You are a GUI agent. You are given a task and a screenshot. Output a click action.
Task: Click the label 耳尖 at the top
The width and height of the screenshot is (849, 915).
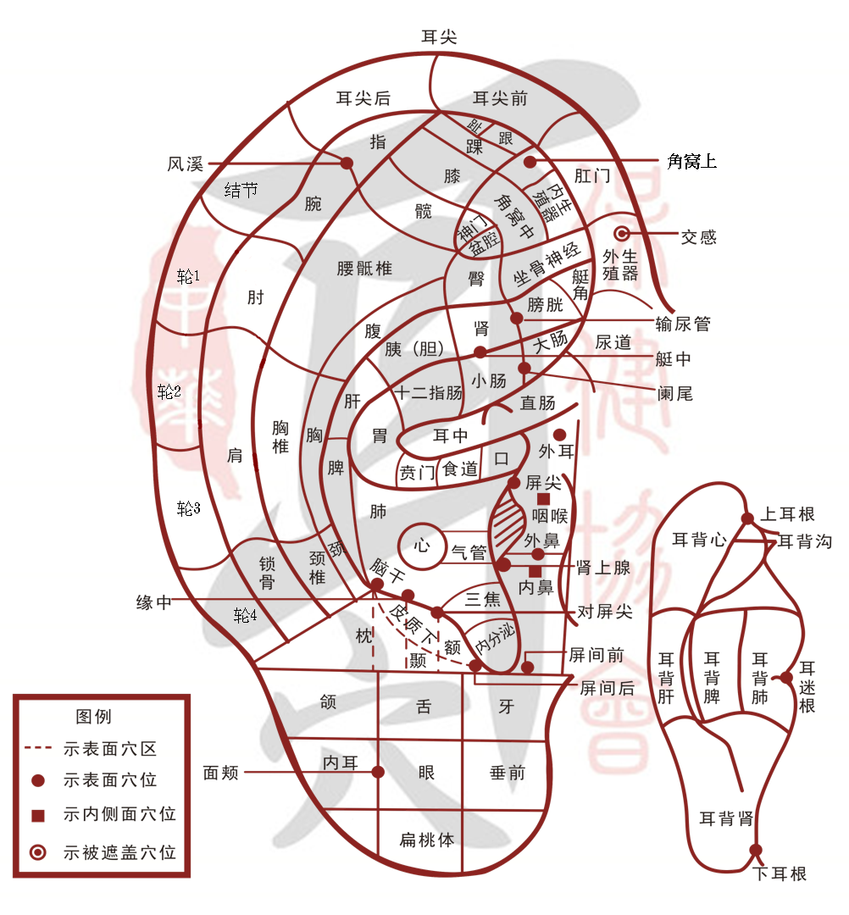[439, 36]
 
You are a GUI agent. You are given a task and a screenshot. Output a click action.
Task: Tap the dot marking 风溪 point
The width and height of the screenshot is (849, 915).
[347, 163]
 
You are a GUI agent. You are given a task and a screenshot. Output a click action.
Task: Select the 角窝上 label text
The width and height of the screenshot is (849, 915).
[691, 161]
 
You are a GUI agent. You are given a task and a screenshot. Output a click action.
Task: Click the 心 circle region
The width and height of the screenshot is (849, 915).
[422, 544]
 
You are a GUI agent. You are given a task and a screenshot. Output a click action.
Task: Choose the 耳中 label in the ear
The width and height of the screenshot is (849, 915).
[450, 436]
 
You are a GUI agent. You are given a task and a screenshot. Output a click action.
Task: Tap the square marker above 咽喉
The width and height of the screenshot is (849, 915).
[543, 500]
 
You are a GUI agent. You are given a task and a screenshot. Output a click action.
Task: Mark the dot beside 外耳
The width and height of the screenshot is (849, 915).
[559, 435]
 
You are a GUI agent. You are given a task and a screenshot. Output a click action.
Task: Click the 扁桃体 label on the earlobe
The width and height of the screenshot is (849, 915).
[427, 840]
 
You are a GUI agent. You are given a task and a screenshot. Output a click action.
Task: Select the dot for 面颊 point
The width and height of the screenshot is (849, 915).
[378, 772]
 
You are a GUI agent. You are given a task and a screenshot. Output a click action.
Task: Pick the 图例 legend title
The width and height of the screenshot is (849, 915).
[93, 717]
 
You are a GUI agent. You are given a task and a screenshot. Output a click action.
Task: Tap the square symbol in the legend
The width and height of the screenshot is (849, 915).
[37, 815]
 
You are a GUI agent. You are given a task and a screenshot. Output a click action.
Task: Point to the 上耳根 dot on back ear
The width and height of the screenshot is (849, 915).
[747, 518]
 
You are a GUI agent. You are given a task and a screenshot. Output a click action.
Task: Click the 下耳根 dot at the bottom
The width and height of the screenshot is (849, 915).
[756, 850]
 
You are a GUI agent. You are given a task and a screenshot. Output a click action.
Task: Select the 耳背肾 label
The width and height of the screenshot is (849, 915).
[725, 819]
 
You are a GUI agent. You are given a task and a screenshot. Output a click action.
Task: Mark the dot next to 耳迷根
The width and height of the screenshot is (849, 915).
[786, 677]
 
